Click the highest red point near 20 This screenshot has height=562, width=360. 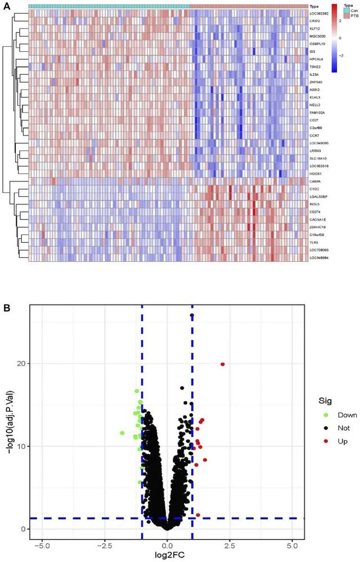click(222, 364)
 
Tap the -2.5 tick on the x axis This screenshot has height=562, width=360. click(105, 545)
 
